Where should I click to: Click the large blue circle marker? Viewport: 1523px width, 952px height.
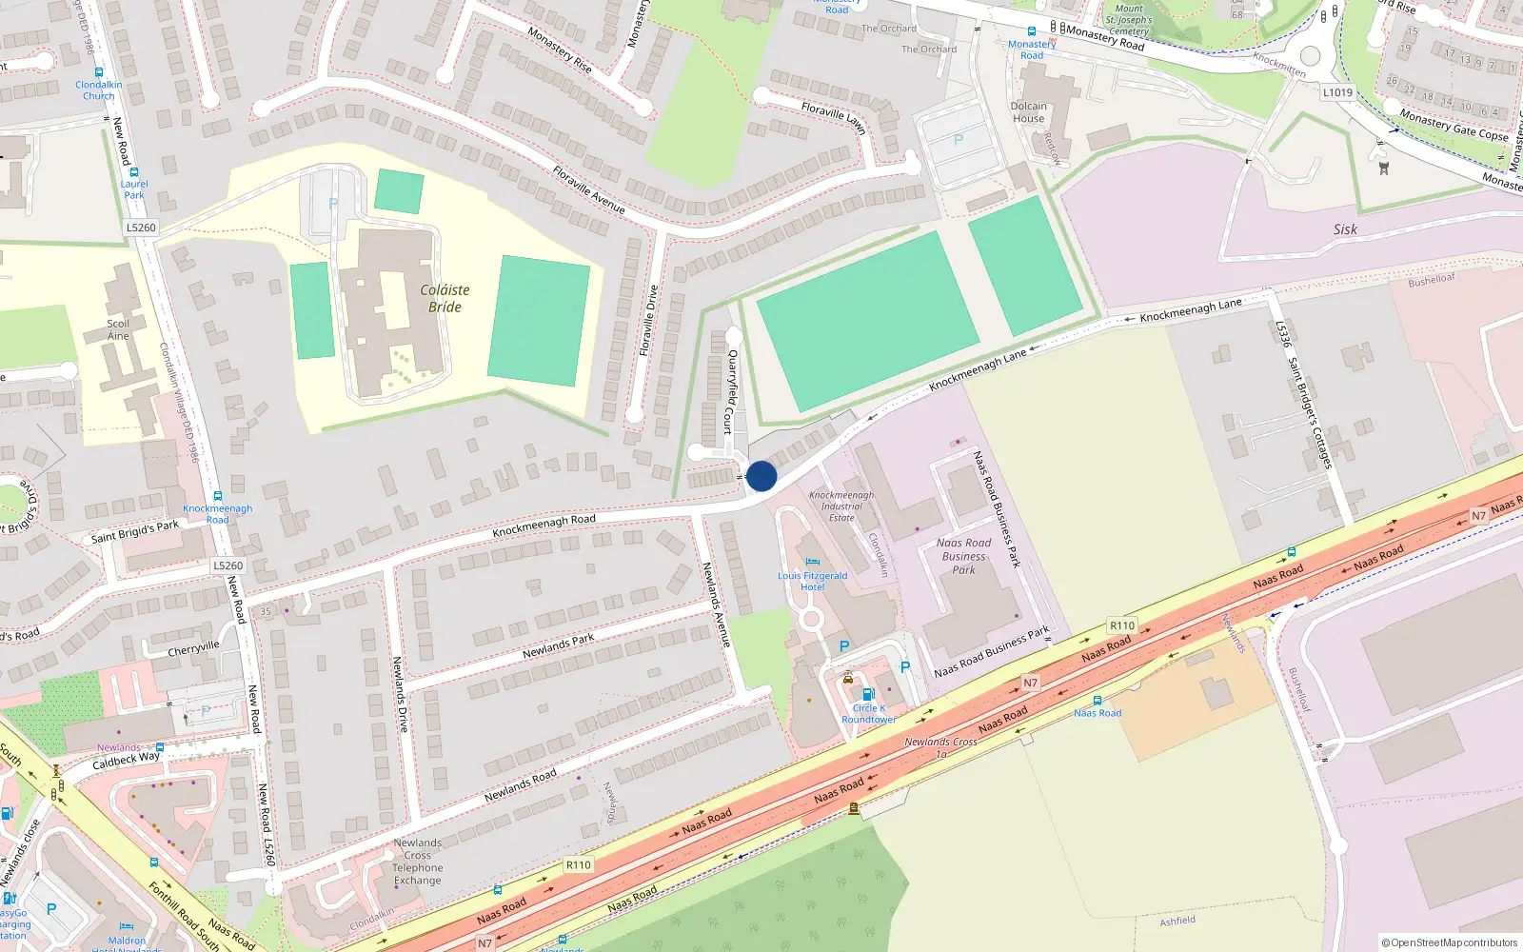[x=761, y=476]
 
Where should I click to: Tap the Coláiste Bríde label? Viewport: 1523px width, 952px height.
[x=445, y=298]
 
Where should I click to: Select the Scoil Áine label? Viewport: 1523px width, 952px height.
[x=118, y=329]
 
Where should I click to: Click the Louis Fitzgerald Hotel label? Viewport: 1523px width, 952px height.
[x=812, y=581]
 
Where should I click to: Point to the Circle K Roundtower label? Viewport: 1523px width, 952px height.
[x=868, y=714]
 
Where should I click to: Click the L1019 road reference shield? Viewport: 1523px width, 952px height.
[x=1337, y=92]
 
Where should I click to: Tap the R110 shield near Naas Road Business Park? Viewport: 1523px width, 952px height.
[x=1122, y=625]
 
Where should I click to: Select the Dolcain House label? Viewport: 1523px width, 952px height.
[x=1028, y=112]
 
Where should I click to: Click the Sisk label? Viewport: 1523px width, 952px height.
[x=1345, y=229]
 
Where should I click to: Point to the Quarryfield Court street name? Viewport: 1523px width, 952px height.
[x=731, y=391]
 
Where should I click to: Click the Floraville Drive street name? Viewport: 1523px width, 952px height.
[x=648, y=321]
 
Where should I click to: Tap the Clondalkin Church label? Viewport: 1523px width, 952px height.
[x=99, y=90]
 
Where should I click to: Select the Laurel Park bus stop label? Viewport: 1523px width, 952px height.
[x=134, y=189]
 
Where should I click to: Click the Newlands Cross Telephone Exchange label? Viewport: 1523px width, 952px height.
[x=417, y=862]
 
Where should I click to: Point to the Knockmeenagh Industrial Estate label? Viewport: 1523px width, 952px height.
[x=841, y=506]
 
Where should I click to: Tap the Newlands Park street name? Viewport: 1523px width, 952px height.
[x=558, y=645]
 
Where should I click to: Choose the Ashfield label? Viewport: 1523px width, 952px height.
[x=1177, y=921]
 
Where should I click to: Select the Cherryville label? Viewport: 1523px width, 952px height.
[x=193, y=649]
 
